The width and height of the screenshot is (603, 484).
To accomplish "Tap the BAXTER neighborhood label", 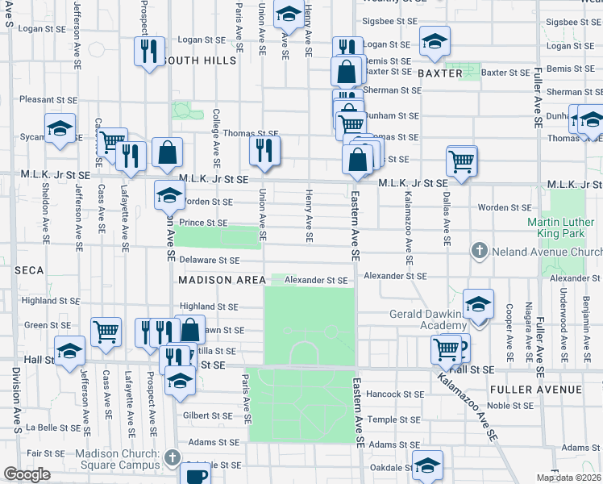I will (x=440, y=73).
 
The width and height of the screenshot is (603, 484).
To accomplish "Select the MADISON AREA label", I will (x=222, y=280).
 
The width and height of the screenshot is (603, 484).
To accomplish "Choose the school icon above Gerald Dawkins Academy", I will (x=478, y=303).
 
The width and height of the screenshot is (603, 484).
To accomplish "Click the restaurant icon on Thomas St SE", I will (x=264, y=149).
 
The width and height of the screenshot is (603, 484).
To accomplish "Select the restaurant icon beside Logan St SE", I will (x=148, y=52).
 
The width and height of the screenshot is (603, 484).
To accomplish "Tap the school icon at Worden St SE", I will (x=169, y=194).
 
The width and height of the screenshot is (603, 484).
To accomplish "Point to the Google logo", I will (x=27, y=474).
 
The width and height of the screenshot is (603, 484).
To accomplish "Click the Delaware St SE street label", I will (x=210, y=261).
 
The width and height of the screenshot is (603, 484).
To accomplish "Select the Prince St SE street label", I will (x=204, y=223).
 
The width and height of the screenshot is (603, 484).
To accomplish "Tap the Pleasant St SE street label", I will (x=48, y=99).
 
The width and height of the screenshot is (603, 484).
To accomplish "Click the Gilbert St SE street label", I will (x=208, y=414).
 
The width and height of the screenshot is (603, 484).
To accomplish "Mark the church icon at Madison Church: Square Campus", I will (x=172, y=458).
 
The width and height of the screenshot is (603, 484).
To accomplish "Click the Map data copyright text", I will (x=569, y=478).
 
